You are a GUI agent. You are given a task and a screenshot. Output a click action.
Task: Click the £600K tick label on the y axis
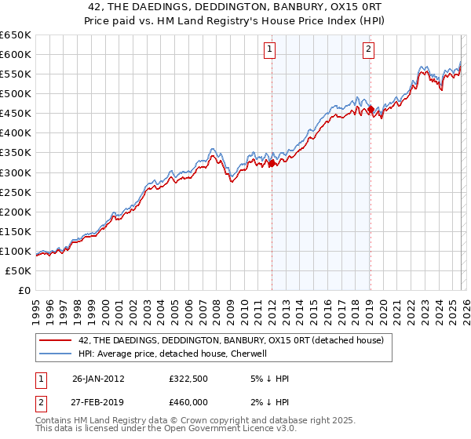(16, 55)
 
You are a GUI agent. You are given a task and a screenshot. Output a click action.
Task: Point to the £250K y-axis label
(16, 192)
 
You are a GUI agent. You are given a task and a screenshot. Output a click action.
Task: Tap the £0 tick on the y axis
(25, 290)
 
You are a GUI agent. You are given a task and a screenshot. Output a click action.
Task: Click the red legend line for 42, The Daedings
(55, 340)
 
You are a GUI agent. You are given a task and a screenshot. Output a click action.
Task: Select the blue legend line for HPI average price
(55, 354)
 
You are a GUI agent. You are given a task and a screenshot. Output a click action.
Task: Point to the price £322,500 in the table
(187, 379)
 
